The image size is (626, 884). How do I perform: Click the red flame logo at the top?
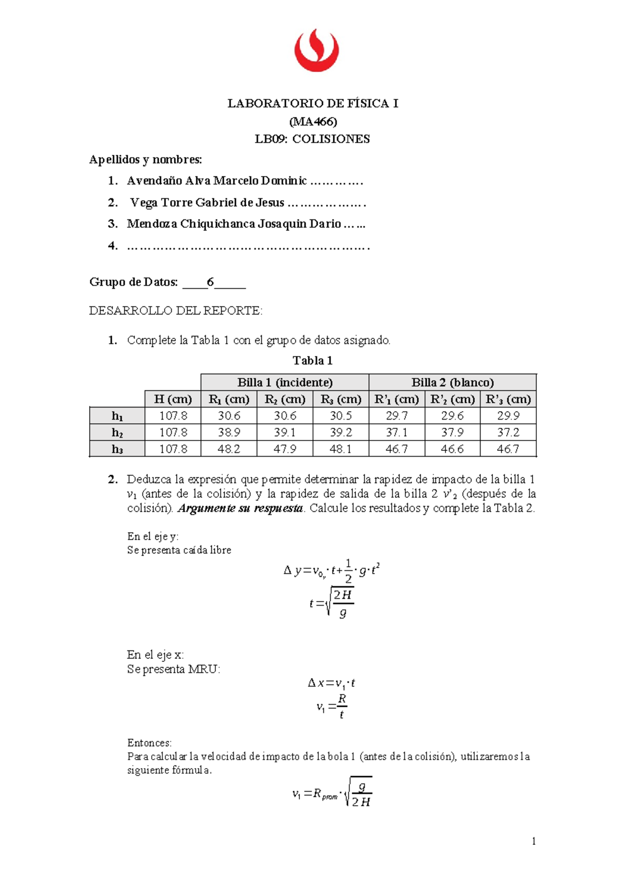click(316, 51)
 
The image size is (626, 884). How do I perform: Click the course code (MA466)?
click(313, 121)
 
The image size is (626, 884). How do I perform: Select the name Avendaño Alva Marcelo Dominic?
click(216, 181)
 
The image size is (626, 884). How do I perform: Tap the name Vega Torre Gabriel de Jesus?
click(207, 203)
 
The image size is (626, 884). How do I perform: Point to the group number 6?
click(210, 283)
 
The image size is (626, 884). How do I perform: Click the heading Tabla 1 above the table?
click(312, 361)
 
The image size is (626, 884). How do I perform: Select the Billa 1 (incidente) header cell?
click(285, 383)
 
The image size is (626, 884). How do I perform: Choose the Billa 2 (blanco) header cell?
click(452, 383)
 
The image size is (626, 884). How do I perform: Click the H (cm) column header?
click(173, 399)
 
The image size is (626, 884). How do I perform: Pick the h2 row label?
click(117, 433)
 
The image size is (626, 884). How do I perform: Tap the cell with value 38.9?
click(229, 433)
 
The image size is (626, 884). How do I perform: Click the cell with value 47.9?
click(285, 449)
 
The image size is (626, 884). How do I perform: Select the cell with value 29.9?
click(508, 416)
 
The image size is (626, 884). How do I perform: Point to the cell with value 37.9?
click(452, 433)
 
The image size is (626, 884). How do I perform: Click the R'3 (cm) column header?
click(508, 399)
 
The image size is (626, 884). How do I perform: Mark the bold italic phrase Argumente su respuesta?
click(240, 509)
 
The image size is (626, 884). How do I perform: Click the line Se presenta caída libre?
click(179, 550)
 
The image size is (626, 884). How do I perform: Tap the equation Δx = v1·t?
click(331, 683)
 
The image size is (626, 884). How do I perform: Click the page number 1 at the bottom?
click(534, 841)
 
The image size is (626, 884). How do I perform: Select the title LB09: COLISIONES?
click(312, 139)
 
